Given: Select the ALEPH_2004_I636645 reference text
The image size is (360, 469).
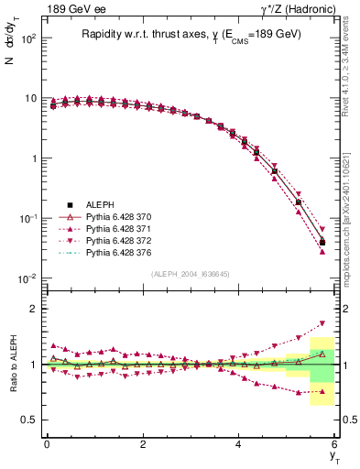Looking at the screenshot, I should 191,275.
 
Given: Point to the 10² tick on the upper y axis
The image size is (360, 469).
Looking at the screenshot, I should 30,38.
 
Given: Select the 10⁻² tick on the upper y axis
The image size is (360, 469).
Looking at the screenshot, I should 29,278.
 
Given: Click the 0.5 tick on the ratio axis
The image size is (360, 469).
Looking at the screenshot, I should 29,420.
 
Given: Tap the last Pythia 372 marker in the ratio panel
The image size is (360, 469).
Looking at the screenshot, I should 322,323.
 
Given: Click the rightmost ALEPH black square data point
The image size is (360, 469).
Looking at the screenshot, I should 322,243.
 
